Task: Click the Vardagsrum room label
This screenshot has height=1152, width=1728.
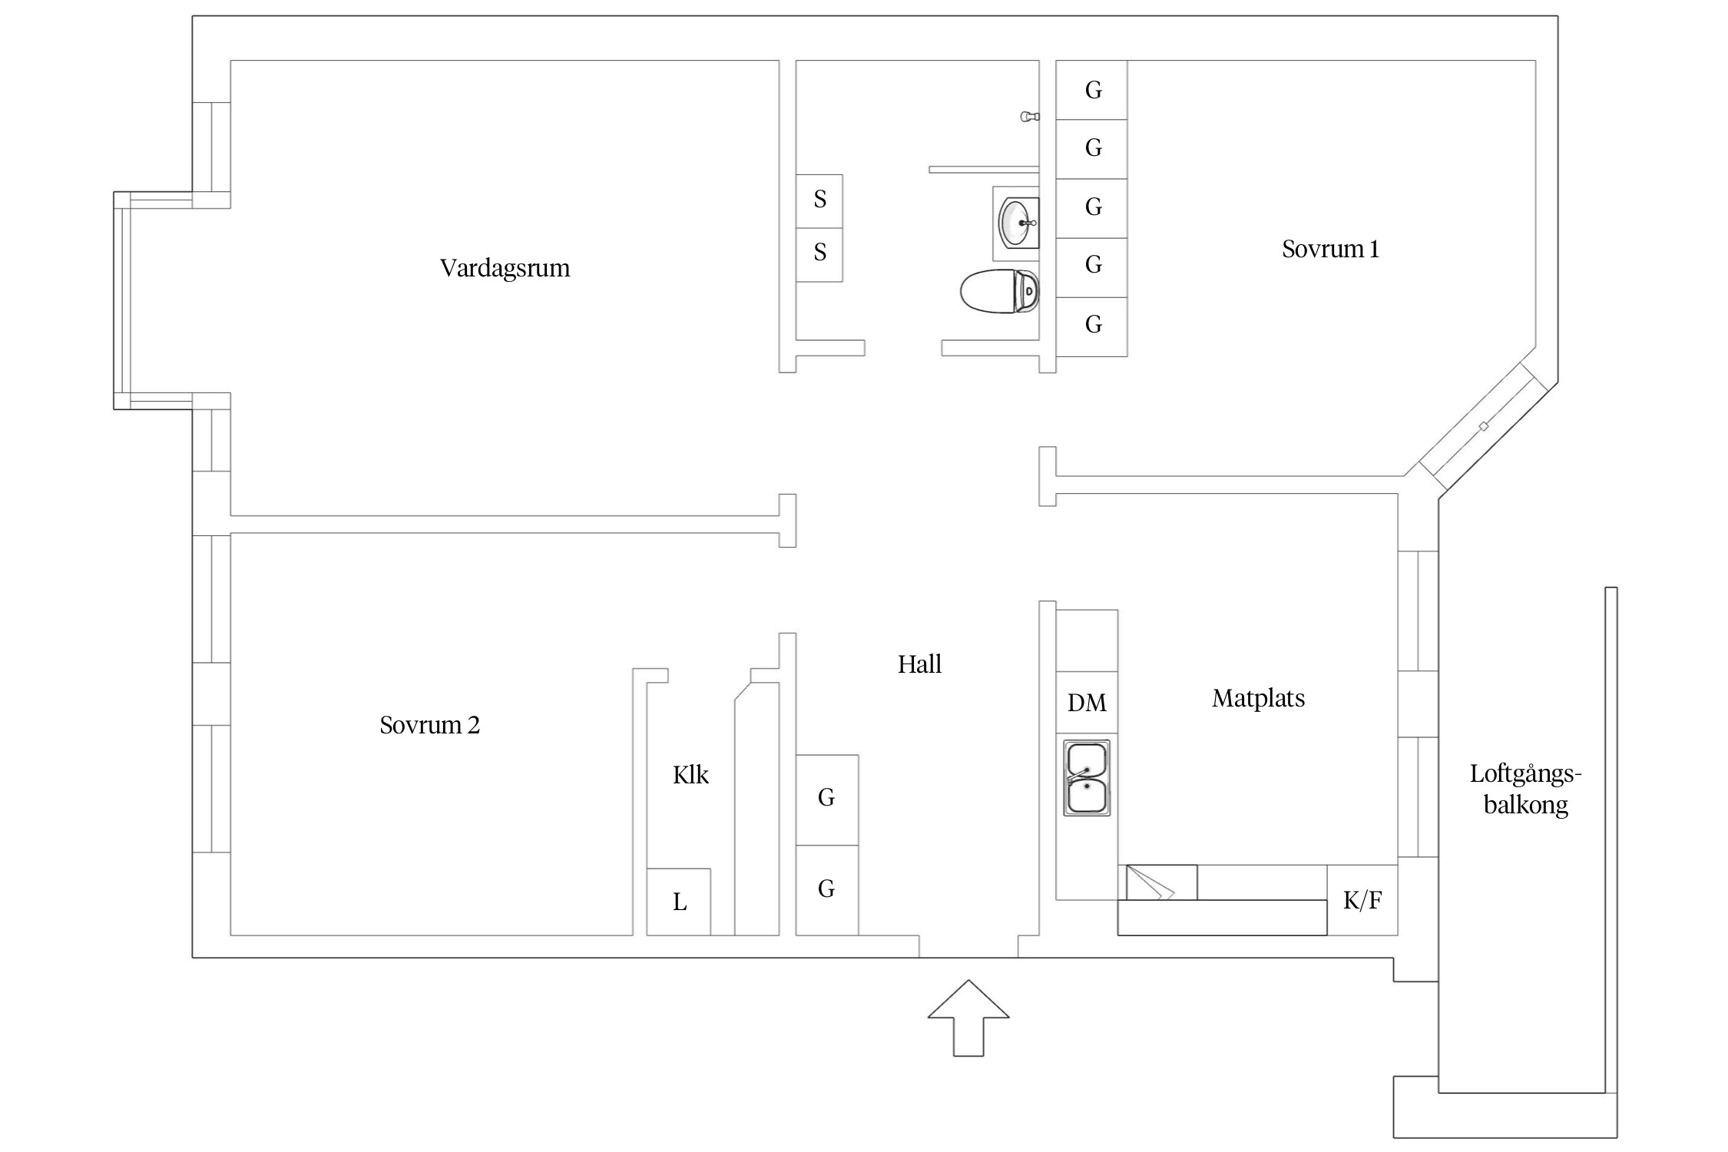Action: (505, 268)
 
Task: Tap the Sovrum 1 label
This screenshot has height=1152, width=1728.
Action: (1330, 249)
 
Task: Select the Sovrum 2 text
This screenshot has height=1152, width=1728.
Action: (429, 725)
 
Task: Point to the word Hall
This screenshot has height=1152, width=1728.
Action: (919, 664)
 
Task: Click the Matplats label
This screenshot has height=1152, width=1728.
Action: (1258, 698)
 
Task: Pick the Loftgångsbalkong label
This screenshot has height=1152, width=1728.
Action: (1525, 789)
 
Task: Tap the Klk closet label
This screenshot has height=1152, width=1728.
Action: (690, 775)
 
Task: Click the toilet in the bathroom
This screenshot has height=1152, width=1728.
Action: (999, 291)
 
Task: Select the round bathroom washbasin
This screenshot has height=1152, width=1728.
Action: (1017, 222)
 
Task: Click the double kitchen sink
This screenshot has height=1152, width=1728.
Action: (1087, 778)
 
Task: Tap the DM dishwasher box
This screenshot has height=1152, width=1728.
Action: (1087, 703)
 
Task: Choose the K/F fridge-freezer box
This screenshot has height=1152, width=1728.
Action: (1362, 900)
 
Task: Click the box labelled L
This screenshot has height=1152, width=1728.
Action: (679, 902)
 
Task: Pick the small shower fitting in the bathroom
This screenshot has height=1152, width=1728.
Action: (1029, 117)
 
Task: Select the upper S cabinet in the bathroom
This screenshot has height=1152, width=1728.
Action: (819, 200)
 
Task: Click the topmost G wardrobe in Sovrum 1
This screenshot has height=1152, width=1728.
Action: (1092, 91)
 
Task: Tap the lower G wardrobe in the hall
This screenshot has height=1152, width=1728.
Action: (826, 889)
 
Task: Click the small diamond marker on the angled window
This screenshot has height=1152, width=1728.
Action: (1484, 426)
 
